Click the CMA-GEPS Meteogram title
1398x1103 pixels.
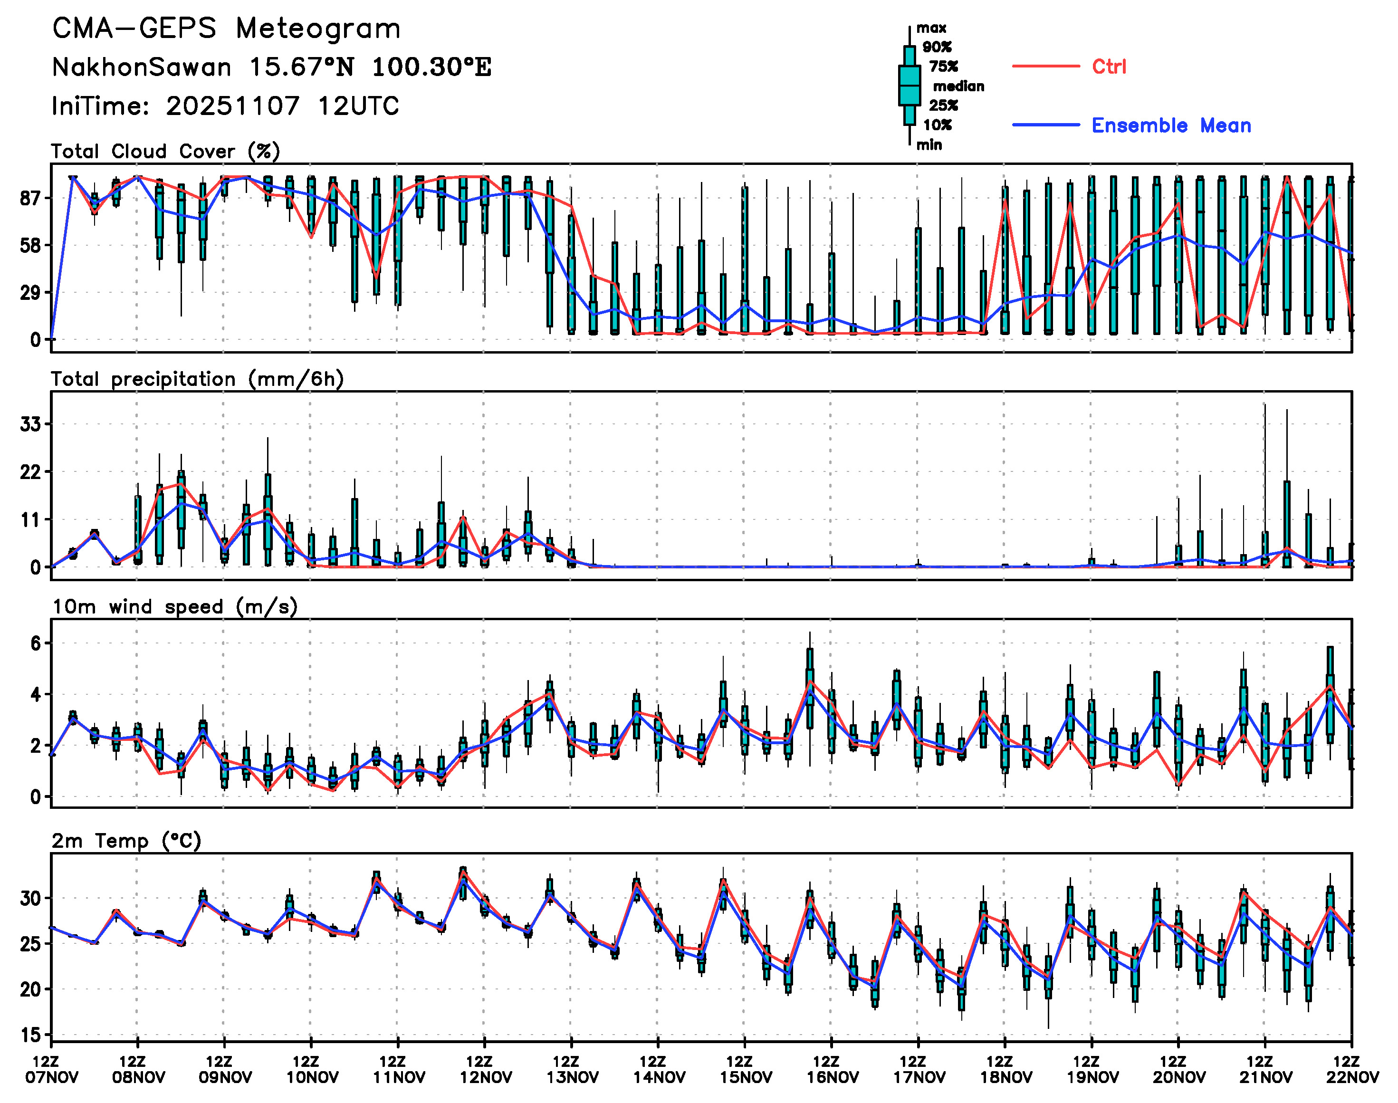coord(226,29)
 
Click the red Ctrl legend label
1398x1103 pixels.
coord(1109,67)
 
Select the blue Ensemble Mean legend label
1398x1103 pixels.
coord(1171,125)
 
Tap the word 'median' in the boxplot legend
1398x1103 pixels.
coord(958,86)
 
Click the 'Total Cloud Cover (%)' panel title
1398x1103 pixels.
coord(165,151)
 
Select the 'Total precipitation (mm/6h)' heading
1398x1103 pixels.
coord(197,379)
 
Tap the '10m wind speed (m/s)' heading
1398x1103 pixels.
coord(174,606)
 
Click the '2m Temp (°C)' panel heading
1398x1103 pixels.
coord(126,841)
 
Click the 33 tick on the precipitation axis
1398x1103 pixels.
coord(30,424)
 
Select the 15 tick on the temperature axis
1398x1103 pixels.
coord(30,1035)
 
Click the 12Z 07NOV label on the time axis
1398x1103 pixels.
coord(52,1069)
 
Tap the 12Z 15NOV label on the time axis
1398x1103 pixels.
coord(745,1069)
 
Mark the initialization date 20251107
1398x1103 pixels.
coord(232,106)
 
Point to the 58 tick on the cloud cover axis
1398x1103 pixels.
coord(30,245)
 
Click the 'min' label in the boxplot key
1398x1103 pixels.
coord(929,144)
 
